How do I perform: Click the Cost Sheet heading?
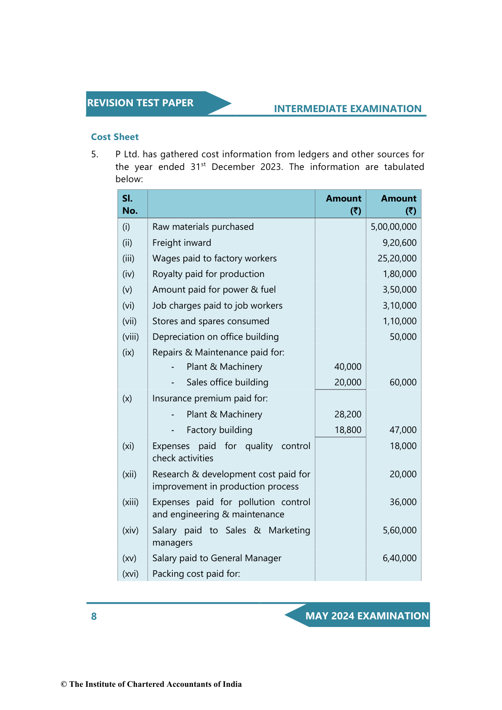point(115,137)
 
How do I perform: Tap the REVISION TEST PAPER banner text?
point(140,103)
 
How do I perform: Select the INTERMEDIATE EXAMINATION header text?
point(347,109)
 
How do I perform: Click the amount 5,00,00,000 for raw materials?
point(393,227)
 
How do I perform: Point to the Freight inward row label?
point(182,243)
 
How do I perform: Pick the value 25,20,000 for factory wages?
point(397,258)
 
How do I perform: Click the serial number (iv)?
point(128,274)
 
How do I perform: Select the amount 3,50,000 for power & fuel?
point(399,290)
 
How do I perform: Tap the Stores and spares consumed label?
point(211,321)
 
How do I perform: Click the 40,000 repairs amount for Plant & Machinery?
point(348,367)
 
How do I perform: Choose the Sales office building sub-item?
point(227,382)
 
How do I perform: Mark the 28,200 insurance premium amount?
point(348,414)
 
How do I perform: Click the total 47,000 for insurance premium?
point(403,430)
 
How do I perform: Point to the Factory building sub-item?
point(219,430)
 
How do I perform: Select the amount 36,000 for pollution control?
point(403,502)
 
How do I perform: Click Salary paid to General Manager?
point(217,558)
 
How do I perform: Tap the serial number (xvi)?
point(130,574)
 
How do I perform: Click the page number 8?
point(94,616)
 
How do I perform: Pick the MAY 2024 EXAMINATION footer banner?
point(367,616)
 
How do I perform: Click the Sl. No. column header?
point(130,204)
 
